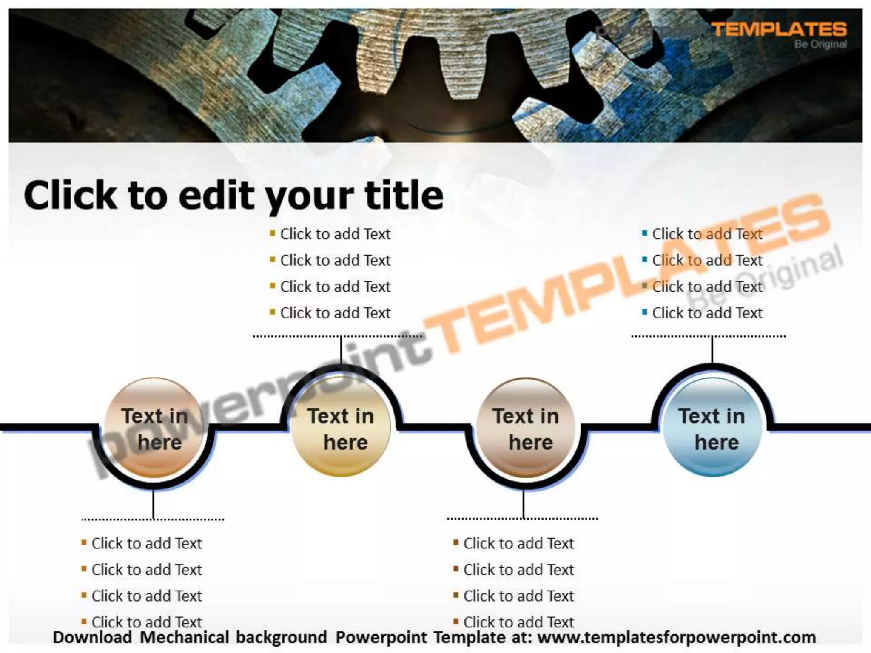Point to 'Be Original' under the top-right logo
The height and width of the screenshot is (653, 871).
[820, 44]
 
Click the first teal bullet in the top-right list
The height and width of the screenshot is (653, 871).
[645, 233]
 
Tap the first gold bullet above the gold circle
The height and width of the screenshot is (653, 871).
[273, 233]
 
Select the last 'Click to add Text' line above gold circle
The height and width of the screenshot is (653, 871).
[335, 313]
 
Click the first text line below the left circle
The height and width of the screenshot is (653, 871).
[147, 543]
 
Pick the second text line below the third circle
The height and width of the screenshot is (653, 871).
[518, 570]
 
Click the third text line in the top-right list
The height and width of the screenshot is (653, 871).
[707, 287]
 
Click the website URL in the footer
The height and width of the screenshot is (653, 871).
[676, 638]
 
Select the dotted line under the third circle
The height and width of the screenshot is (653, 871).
[522, 519]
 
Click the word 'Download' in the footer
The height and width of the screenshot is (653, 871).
[92, 638]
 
